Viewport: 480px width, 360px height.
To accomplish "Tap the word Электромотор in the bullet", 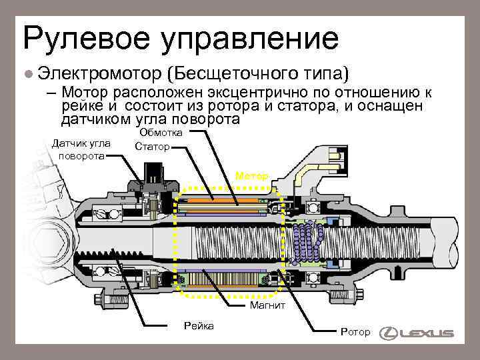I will [x=99, y=71].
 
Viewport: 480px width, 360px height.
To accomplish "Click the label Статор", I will [x=152, y=146].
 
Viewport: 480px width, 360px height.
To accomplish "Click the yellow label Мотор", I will [x=252, y=176].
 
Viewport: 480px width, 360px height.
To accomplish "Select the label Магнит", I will [x=267, y=306].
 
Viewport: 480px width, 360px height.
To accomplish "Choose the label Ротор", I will [x=355, y=331].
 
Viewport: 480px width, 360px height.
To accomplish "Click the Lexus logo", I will [x=416, y=333].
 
